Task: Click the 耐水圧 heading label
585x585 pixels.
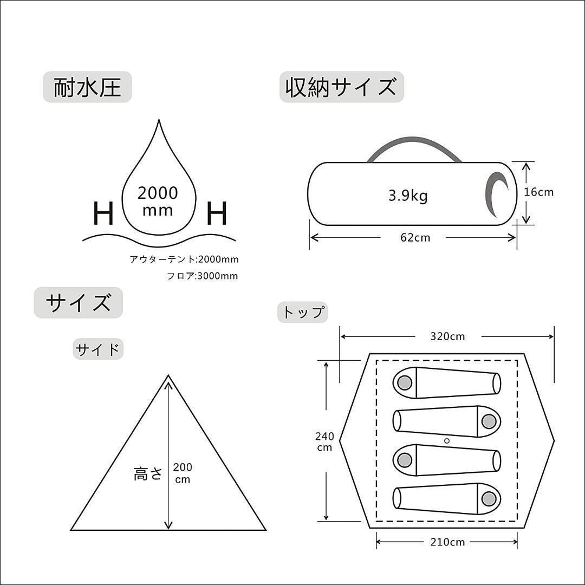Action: (x=87, y=87)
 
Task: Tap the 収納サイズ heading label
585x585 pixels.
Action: (x=341, y=87)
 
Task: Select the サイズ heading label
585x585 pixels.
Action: (x=79, y=303)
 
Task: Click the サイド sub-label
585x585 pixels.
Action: (x=98, y=349)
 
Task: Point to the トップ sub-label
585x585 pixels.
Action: (x=303, y=312)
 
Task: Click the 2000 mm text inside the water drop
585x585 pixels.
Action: (x=158, y=200)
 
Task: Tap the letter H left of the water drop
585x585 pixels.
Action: (x=103, y=214)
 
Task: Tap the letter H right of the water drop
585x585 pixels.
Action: (x=217, y=214)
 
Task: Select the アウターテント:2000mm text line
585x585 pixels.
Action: (x=184, y=259)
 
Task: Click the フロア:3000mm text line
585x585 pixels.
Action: (x=202, y=276)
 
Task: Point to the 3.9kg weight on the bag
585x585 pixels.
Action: (x=407, y=196)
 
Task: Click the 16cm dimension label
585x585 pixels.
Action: (x=539, y=192)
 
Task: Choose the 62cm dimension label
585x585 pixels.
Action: (x=415, y=237)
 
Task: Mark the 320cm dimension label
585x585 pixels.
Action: (x=447, y=336)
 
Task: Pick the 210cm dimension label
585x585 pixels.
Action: (x=447, y=542)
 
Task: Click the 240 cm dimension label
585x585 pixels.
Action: (x=325, y=441)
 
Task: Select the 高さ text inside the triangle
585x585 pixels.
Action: (x=148, y=474)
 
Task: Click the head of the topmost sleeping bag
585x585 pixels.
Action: (x=404, y=383)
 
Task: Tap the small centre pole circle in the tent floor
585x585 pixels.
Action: (x=446, y=441)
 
